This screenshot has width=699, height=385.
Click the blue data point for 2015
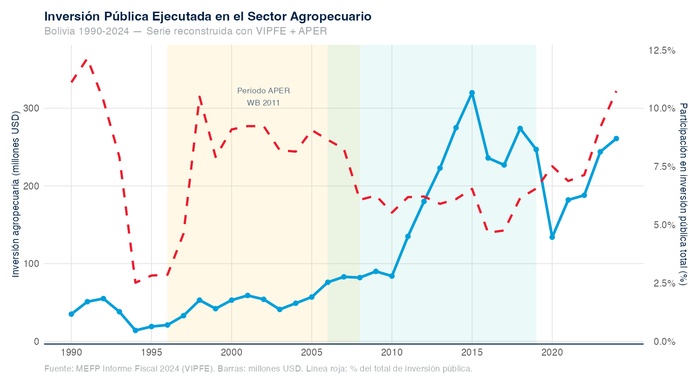pos(472,93)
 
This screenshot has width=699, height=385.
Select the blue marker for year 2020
pos(552,237)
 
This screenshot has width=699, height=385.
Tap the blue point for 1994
pos(135,330)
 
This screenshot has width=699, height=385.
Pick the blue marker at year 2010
pos(392,276)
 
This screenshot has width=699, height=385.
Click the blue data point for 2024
pos(616,139)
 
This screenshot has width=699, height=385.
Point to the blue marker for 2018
pos(520,129)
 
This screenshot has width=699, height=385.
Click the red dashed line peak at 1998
pos(199,96)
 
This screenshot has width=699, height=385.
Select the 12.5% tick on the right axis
pos(662,50)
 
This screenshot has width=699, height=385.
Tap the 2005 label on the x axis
pos(312,351)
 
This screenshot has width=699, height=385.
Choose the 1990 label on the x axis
pos(71,351)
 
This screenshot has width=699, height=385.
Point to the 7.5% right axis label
pos(662,167)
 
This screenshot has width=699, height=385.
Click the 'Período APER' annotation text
pos(263,91)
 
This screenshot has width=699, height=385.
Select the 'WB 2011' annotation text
pos(263,103)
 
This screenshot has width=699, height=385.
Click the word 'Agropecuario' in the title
pos(330,17)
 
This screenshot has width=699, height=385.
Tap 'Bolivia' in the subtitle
pos(60,31)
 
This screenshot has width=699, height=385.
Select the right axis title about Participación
pos(683,194)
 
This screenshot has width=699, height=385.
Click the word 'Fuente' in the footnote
pos(58,369)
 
